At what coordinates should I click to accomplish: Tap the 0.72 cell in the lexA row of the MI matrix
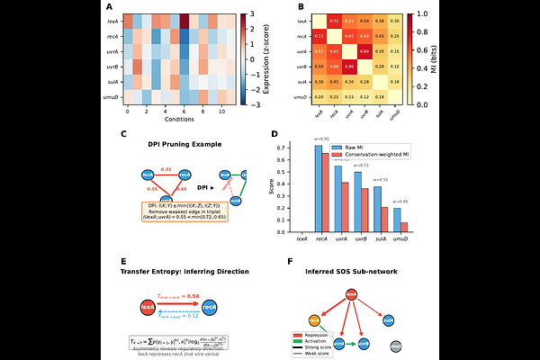pos(333,19)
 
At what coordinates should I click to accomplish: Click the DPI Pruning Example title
pos(184,143)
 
